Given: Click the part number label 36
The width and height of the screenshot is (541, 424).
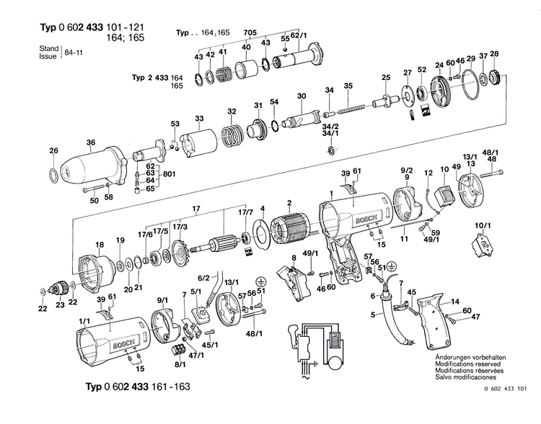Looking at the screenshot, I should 90,143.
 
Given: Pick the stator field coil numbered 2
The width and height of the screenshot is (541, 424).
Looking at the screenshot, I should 291,227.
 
